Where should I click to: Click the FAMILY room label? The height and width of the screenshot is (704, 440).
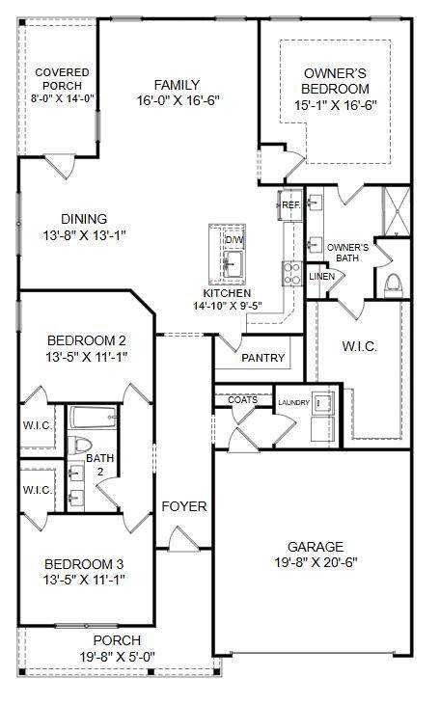(x=177, y=85)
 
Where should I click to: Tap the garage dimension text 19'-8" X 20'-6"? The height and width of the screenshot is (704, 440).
(x=316, y=562)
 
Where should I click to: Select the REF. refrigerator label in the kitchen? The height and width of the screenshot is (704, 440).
(x=290, y=205)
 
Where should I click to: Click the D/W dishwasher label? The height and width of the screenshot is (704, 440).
(x=234, y=240)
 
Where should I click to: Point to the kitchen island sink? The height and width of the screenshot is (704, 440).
(x=233, y=263)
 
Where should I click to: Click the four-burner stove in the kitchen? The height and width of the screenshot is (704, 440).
(x=291, y=274)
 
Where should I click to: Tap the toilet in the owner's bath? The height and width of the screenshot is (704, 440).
(x=394, y=285)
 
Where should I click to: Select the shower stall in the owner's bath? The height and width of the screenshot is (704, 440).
(x=396, y=211)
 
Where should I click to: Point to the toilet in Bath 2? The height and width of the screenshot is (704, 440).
(x=79, y=446)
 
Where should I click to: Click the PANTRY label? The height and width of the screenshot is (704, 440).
(x=262, y=358)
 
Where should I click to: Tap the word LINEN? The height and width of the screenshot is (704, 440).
(x=321, y=277)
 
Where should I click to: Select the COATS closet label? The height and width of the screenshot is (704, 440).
(x=243, y=399)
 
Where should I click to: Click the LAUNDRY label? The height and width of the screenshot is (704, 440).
(x=293, y=403)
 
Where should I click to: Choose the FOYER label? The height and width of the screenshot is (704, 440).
(x=184, y=506)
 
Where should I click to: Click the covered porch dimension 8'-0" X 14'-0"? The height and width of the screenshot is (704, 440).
(x=62, y=98)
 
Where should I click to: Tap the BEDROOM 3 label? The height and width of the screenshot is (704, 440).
(x=84, y=564)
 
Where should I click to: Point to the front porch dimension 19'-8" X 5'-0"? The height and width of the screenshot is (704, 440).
(x=118, y=657)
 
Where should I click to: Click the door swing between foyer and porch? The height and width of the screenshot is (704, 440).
(x=183, y=539)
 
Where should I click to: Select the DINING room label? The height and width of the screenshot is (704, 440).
(x=84, y=219)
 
